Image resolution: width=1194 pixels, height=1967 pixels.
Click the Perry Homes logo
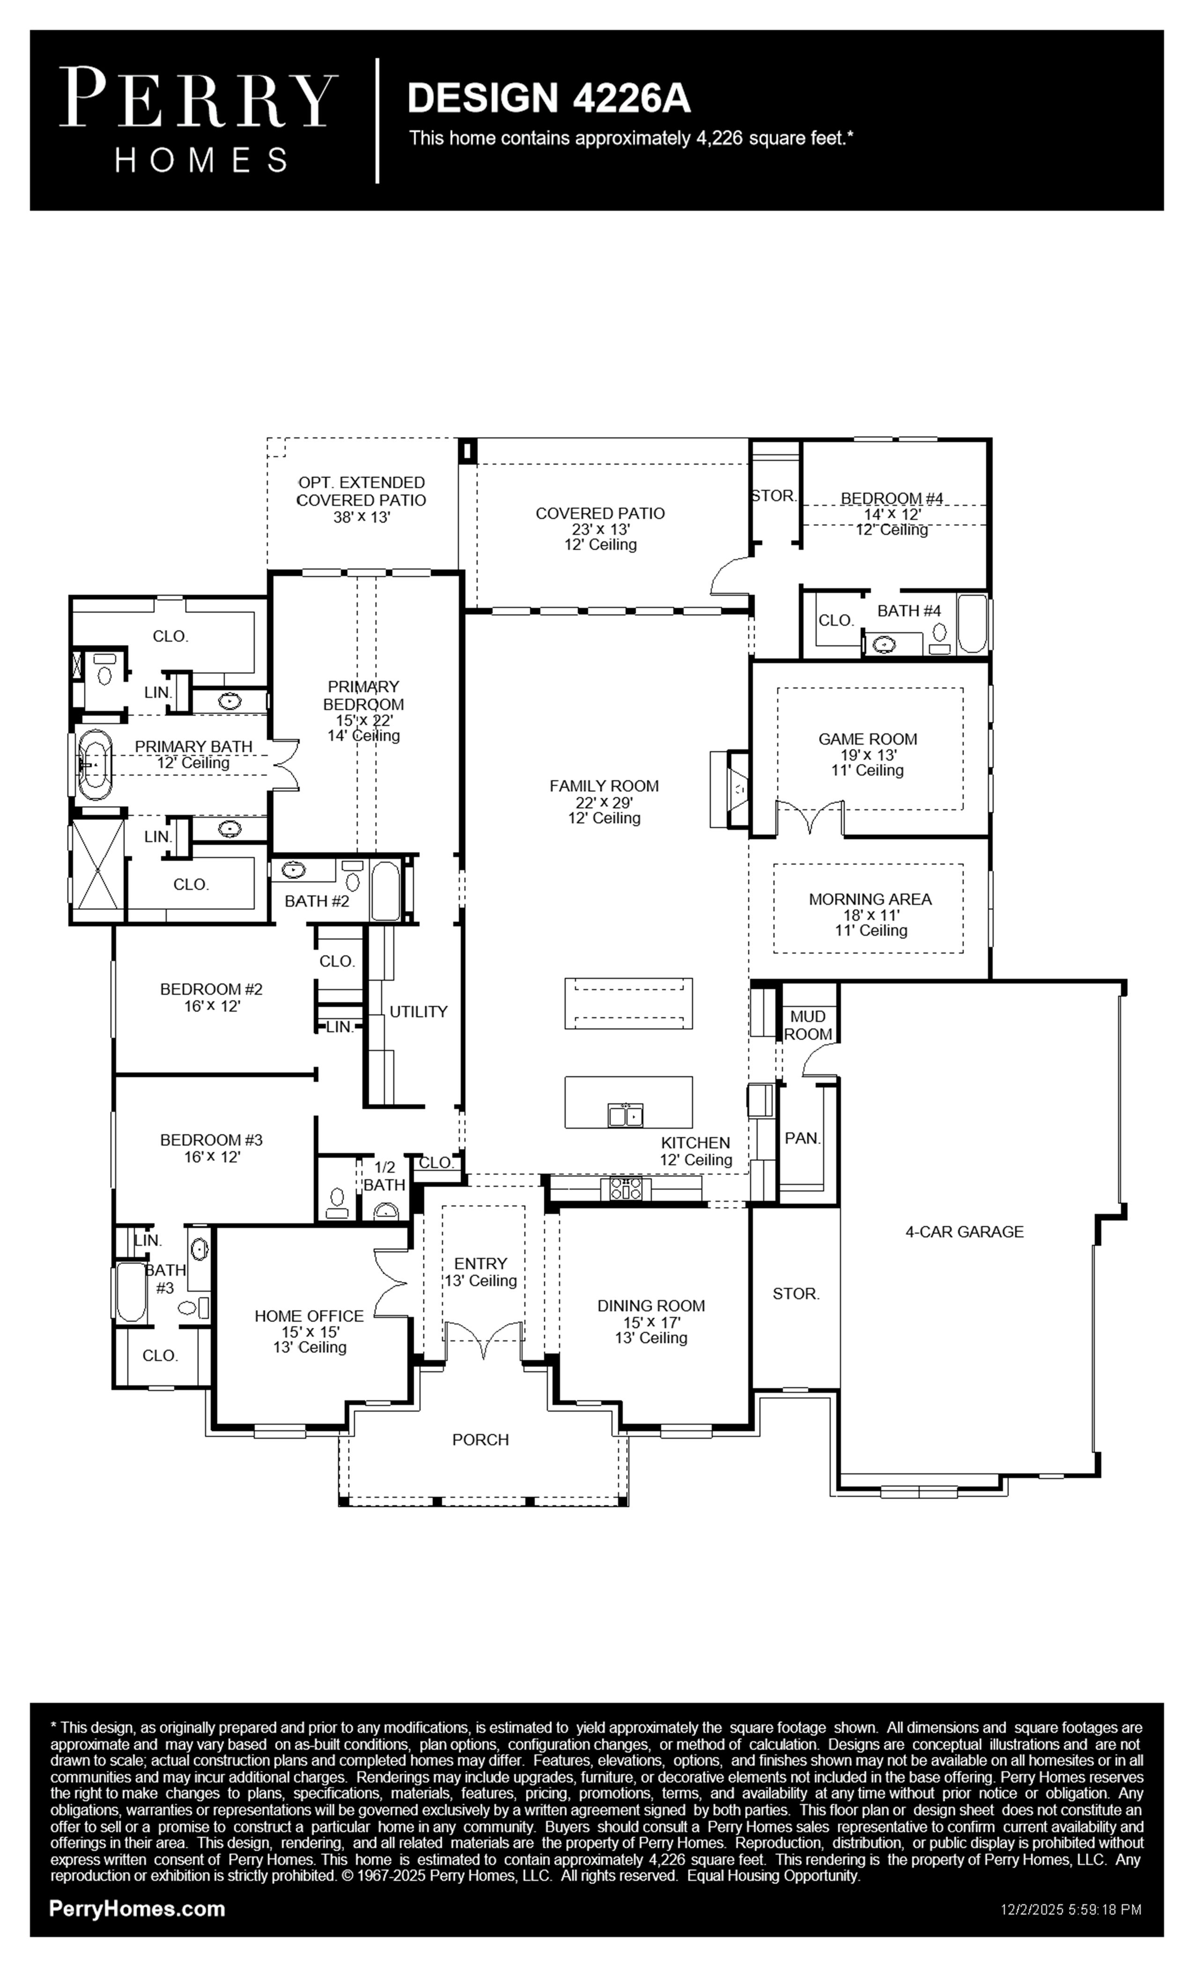[x=198, y=120]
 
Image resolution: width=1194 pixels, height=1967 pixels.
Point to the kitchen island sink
[x=626, y=1115]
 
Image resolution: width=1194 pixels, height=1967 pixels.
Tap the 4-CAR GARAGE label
[x=964, y=1232]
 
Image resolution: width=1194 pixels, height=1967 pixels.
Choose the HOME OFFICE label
[x=309, y=1316]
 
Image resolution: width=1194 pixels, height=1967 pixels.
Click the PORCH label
[x=480, y=1439]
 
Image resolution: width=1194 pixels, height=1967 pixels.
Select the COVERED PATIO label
[x=600, y=513]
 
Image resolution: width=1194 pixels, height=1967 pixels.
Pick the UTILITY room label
[x=418, y=1012]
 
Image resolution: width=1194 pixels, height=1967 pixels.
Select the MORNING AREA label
[x=870, y=899]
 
